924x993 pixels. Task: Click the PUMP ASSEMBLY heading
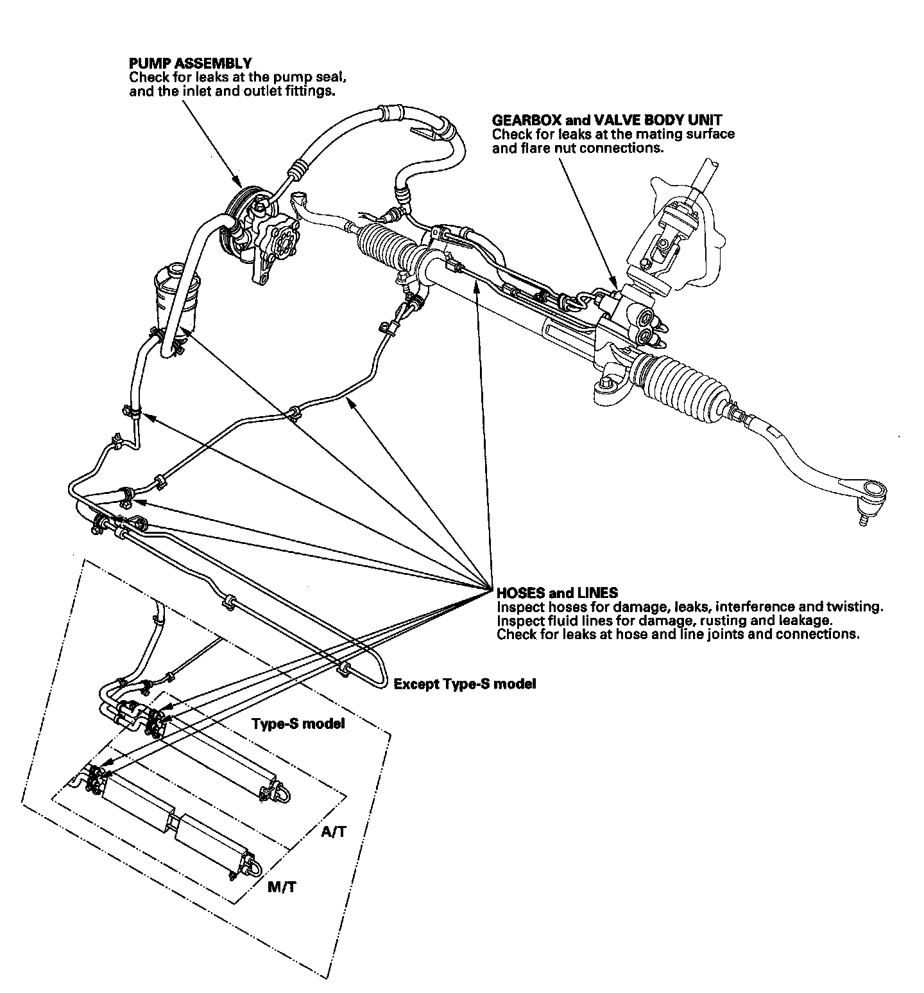pos(190,63)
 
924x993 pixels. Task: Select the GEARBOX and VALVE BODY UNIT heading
pos(606,120)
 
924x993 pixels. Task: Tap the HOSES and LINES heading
pos(557,592)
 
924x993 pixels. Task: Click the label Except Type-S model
pos(465,684)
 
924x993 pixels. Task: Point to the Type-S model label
pos(298,724)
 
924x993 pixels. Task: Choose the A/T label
pos(334,832)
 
